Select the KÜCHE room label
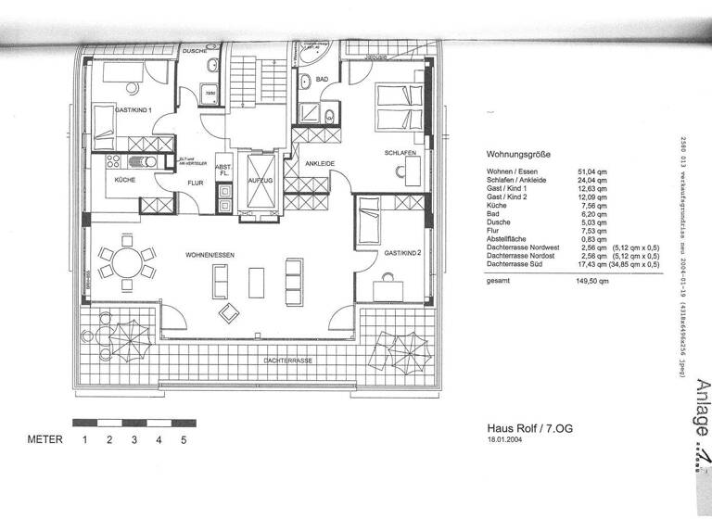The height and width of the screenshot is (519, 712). pyautogui.click(x=125, y=179)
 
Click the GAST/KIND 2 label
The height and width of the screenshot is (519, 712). pyautogui.click(x=402, y=252)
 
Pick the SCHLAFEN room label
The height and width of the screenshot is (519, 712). pyautogui.click(x=400, y=152)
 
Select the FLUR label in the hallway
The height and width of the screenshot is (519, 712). pyautogui.click(x=196, y=183)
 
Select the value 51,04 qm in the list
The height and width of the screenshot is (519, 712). pyautogui.click(x=591, y=172)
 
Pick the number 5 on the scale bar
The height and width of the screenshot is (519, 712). pyautogui.click(x=184, y=439)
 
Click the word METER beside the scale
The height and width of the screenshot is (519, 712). pyautogui.click(x=44, y=439)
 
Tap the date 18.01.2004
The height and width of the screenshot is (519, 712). pyautogui.click(x=506, y=441)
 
